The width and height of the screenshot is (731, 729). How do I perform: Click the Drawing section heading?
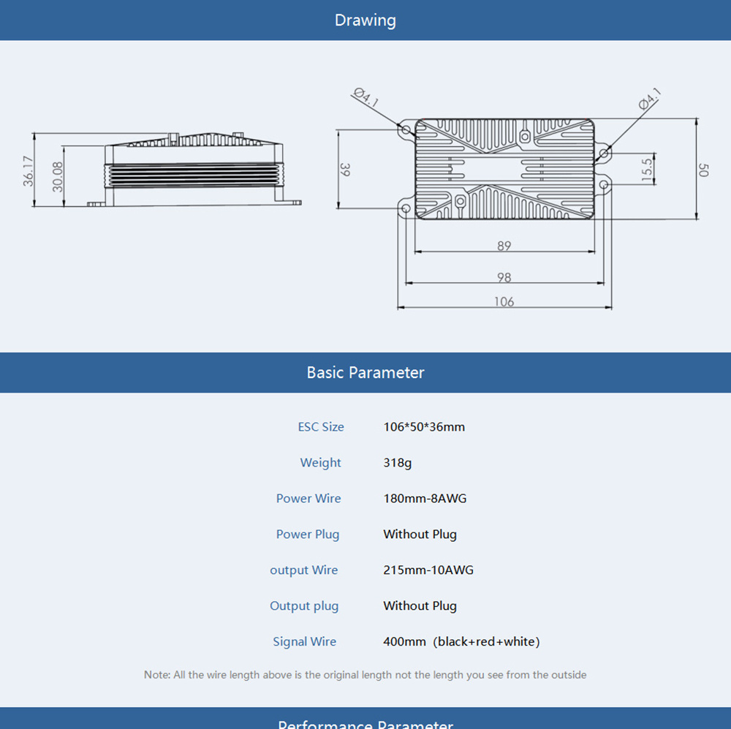(x=365, y=20)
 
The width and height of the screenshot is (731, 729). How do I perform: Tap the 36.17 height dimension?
(x=29, y=170)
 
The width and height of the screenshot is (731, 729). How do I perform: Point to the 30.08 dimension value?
(x=58, y=176)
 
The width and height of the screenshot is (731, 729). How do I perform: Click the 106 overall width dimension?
(x=504, y=301)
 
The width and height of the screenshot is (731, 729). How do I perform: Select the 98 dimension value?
(x=504, y=277)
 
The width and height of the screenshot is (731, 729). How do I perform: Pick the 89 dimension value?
(x=504, y=246)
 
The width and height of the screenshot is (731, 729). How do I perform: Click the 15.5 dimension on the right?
(x=646, y=169)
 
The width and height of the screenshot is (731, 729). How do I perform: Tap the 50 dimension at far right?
(x=704, y=170)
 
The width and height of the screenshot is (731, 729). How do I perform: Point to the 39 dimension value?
(x=346, y=170)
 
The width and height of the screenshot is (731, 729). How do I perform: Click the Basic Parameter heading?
(x=365, y=372)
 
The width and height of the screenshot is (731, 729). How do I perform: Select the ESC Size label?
(x=321, y=427)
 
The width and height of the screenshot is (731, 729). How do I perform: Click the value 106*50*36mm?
(x=424, y=427)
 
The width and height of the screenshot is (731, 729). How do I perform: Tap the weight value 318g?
(x=397, y=463)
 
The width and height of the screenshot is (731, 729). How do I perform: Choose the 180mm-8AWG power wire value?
(x=425, y=499)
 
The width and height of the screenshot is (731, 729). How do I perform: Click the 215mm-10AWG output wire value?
(x=428, y=570)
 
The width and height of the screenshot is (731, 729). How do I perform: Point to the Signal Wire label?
(x=305, y=642)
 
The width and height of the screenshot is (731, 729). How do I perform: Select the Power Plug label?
(x=308, y=535)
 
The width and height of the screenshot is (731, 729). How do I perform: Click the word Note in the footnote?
(x=156, y=675)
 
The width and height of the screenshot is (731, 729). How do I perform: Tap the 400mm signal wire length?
(x=404, y=642)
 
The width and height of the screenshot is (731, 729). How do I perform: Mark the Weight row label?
(x=320, y=463)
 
